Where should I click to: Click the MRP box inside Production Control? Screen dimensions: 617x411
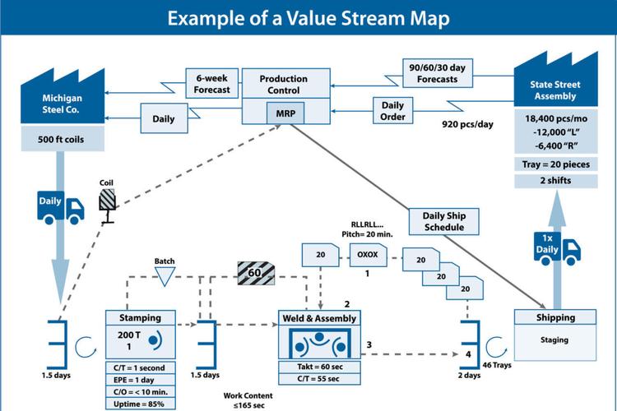pyautogui.click(x=285, y=113)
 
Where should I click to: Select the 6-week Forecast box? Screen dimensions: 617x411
pyautogui.click(x=211, y=83)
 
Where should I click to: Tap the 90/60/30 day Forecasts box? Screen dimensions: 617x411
pyautogui.click(x=438, y=73)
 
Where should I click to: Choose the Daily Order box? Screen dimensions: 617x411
pyautogui.click(x=392, y=110)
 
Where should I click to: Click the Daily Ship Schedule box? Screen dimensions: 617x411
pyautogui.click(x=444, y=221)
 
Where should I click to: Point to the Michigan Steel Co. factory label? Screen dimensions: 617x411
pyautogui.click(x=61, y=104)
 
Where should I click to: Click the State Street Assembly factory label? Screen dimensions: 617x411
pyautogui.click(x=555, y=90)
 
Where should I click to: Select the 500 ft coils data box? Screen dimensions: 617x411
pyautogui.click(x=63, y=139)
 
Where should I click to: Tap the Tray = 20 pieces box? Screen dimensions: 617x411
pyautogui.click(x=555, y=164)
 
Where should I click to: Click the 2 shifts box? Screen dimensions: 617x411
pyautogui.click(x=555, y=181)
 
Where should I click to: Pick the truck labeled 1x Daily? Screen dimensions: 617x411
pyautogui.click(x=557, y=248)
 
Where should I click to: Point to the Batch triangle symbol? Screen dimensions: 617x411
pyautogui.click(x=165, y=276)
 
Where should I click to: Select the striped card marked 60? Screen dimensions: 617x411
pyautogui.click(x=256, y=273)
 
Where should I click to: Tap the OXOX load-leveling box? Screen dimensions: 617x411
pyautogui.click(x=368, y=255)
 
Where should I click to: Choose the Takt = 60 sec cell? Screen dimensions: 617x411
pyautogui.click(x=319, y=367)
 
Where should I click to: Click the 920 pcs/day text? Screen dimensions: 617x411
pyautogui.click(x=467, y=124)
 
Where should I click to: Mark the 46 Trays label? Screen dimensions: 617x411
pyautogui.click(x=497, y=365)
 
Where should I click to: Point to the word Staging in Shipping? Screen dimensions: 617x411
pyautogui.click(x=554, y=339)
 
